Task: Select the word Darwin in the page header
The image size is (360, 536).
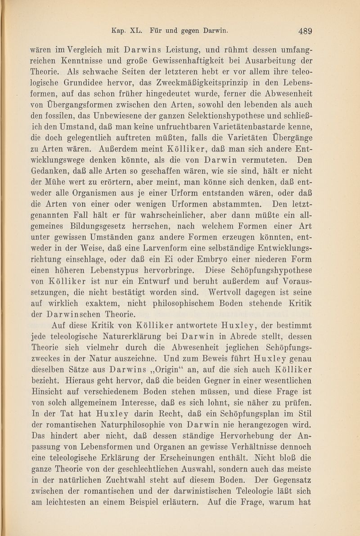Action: pos(216,31)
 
